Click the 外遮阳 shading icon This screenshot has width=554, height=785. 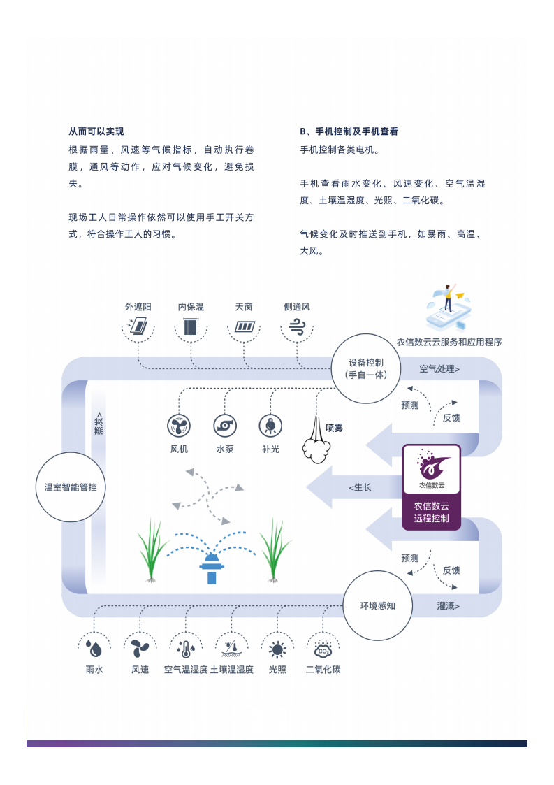[138, 326]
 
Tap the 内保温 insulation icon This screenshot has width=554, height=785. [191, 326]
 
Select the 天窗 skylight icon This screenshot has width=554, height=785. [245, 326]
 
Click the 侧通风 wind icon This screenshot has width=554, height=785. [297, 326]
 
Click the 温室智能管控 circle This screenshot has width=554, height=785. [71, 487]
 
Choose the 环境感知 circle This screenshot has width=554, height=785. [377, 605]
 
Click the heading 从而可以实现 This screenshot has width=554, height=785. [96, 131]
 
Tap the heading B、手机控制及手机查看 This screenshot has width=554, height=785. [349, 131]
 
